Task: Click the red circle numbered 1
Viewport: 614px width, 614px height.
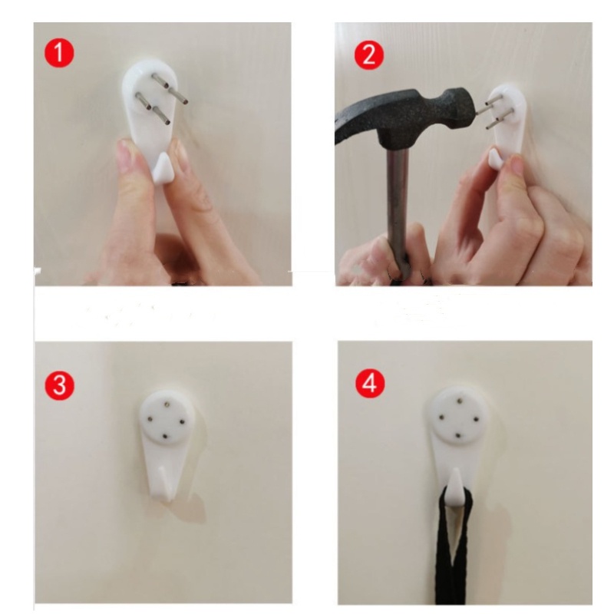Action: click(59, 53)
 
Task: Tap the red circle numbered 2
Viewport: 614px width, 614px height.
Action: click(369, 55)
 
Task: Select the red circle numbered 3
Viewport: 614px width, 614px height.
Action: click(60, 386)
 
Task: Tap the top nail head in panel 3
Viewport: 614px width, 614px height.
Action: click(167, 401)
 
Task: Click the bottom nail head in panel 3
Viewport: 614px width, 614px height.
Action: click(164, 436)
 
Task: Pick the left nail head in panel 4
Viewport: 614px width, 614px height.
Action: click(441, 417)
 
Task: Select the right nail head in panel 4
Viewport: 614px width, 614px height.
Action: click(476, 419)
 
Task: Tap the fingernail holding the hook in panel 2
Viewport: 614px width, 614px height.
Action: click(516, 164)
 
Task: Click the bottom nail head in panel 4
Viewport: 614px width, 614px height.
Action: click(457, 435)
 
